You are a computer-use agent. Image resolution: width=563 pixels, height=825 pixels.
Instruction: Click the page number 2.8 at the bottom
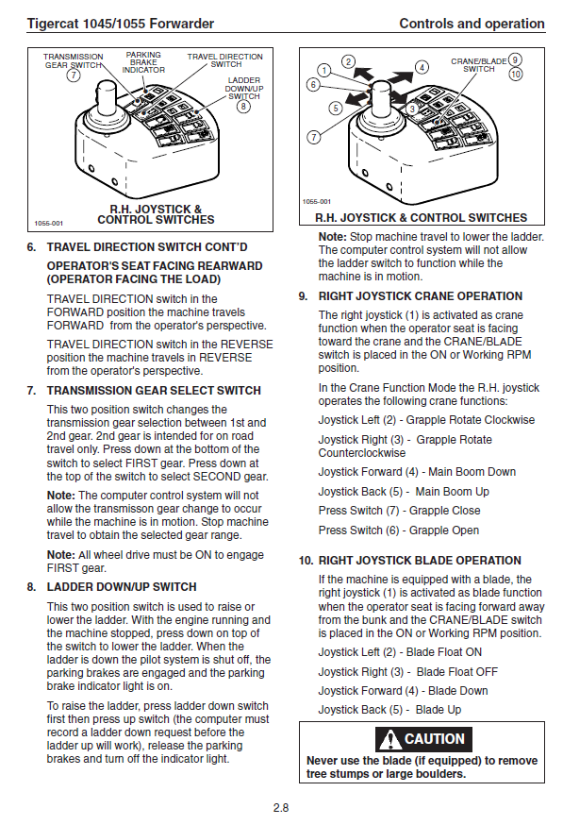(x=281, y=807)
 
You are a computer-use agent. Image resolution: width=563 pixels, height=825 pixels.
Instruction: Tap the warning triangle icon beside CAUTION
(x=389, y=739)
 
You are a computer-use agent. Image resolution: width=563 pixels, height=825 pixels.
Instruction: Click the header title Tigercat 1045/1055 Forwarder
(x=121, y=24)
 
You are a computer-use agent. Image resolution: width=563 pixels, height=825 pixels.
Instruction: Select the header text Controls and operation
(x=472, y=24)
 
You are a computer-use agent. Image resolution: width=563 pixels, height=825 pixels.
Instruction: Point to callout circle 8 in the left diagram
(x=243, y=107)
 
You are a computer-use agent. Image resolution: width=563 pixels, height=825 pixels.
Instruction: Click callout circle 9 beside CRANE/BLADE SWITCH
(x=515, y=60)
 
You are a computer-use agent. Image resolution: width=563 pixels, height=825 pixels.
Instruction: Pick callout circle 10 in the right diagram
(x=516, y=75)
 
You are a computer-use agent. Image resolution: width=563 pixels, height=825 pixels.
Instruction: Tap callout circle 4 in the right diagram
(x=422, y=67)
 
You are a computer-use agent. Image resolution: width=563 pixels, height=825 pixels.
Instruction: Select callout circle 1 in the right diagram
(x=324, y=71)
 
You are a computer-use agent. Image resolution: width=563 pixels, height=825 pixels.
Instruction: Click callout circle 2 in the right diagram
(x=348, y=61)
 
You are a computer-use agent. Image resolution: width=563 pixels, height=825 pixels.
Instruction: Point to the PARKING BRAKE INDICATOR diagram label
(x=143, y=62)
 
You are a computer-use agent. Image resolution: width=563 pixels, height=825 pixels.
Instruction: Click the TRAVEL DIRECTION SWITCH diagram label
(x=225, y=60)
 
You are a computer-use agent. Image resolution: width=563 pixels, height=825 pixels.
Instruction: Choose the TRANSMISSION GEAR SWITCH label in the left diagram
(x=73, y=60)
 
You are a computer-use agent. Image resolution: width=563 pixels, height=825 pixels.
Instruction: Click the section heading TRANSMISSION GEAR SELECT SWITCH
(x=154, y=391)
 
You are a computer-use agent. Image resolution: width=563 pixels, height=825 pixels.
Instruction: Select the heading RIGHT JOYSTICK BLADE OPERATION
(x=420, y=561)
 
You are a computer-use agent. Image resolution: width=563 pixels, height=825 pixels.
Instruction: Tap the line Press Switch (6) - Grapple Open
(x=399, y=530)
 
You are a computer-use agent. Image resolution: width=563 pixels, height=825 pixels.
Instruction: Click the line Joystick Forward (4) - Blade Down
(x=403, y=691)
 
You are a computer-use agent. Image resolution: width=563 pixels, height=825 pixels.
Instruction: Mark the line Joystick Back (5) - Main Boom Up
(x=404, y=492)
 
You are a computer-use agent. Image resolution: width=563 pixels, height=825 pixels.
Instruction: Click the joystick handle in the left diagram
(x=108, y=100)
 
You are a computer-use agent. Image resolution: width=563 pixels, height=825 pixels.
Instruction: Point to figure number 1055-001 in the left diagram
(x=48, y=223)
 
